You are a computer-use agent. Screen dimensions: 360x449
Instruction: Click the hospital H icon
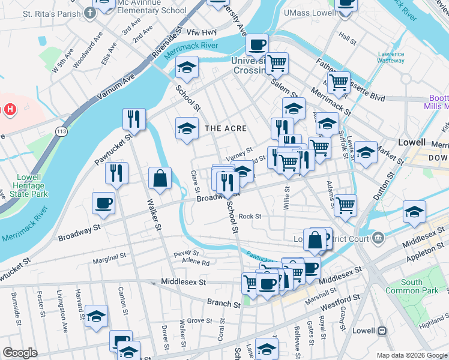(10, 109)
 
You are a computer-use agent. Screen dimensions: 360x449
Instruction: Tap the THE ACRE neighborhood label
(226, 128)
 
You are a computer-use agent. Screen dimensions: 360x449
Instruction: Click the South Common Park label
(412, 287)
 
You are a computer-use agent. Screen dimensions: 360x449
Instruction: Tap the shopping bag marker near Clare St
(160, 178)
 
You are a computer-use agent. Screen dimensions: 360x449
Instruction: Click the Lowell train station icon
(381, 331)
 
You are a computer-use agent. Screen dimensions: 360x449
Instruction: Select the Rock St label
(250, 217)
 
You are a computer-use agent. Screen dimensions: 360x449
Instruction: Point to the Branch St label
(220, 303)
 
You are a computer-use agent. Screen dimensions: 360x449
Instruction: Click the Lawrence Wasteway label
(391, 57)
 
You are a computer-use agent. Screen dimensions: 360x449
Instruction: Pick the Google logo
(20, 353)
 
